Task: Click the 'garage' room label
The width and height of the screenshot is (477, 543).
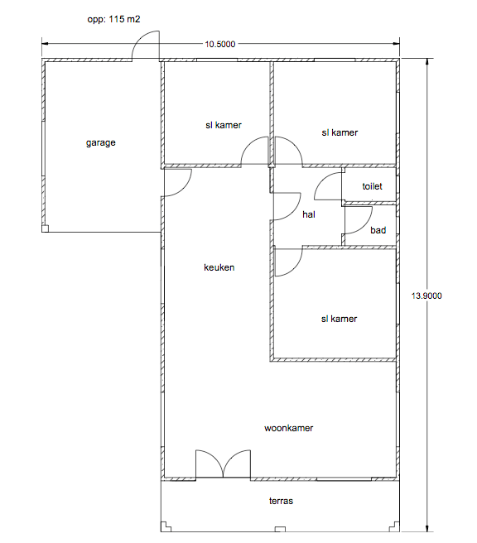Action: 100,142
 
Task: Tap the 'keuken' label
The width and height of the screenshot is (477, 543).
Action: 219,267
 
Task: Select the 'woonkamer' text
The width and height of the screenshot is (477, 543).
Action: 288,428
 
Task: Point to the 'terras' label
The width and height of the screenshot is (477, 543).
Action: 281,501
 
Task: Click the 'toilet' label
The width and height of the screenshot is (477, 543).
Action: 372,186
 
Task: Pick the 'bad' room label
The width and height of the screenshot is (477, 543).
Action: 378,230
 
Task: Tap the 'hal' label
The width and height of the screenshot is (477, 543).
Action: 309,214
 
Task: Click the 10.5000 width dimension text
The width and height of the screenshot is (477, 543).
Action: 220,45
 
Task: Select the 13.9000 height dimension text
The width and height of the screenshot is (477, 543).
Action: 426,296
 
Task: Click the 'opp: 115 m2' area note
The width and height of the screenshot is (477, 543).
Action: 113,19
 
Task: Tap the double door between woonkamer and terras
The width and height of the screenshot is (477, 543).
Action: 223,464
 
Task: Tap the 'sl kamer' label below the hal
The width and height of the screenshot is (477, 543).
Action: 339,319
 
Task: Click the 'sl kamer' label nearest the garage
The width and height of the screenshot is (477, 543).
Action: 224,125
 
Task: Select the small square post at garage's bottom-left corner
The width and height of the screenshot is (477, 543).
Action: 45,228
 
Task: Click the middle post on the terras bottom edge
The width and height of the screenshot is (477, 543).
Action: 280,529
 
